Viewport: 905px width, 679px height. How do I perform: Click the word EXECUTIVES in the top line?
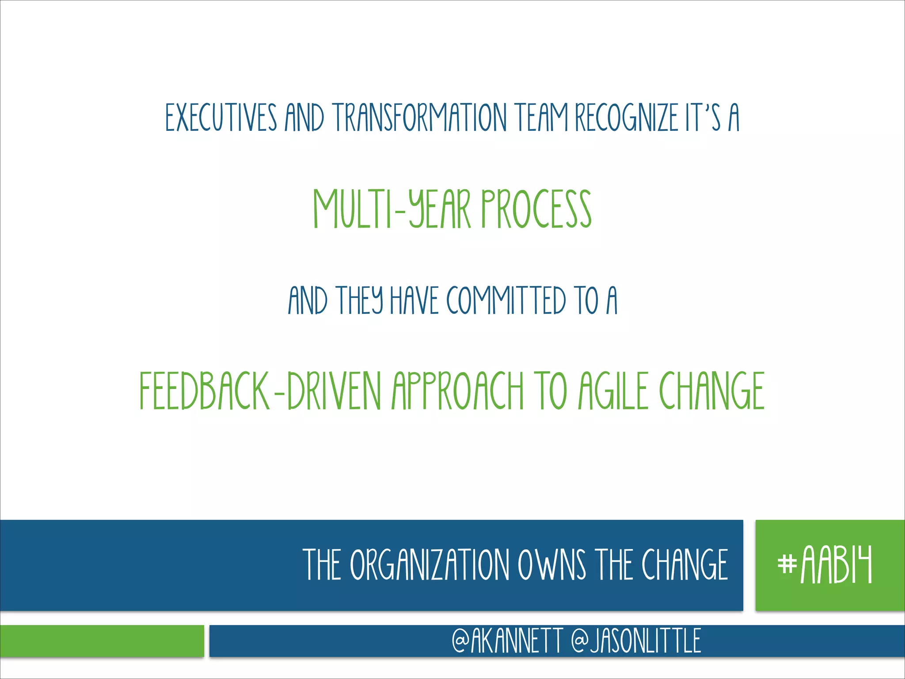pyautogui.click(x=221, y=118)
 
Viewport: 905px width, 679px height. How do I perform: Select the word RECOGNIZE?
pyautogui.click(x=627, y=118)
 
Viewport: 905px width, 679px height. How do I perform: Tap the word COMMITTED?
pyautogui.click(x=506, y=301)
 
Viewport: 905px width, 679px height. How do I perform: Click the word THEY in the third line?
pyautogui.click(x=359, y=301)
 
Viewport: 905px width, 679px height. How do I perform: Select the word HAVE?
pyautogui.click(x=414, y=301)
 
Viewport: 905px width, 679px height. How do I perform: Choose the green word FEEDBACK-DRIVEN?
pyautogui.click(x=260, y=391)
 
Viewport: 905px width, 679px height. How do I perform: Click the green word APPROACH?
pyautogui.click(x=458, y=391)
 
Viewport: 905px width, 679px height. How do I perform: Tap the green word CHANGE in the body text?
pyautogui.click(x=712, y=391)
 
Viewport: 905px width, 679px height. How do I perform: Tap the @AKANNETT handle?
pyautogui.click(x=507, y=641)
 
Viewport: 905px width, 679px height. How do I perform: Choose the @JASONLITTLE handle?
pyautogui.click(x=636, y=641)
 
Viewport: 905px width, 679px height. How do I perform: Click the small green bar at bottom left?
pyautogui.click(x=102, y=641)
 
